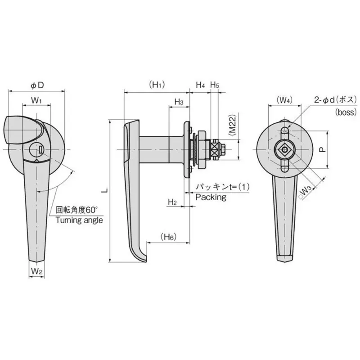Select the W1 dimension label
(x=37, y=100)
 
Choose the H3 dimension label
(x=179, y=102)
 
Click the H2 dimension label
(x=172, y=202)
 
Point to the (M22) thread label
(x=232, y=125)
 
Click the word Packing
(x=211, y=197)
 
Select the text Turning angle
(x=79, y=220)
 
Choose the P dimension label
(x=322, y=150)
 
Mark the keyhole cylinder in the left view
(x=36, y=149)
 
